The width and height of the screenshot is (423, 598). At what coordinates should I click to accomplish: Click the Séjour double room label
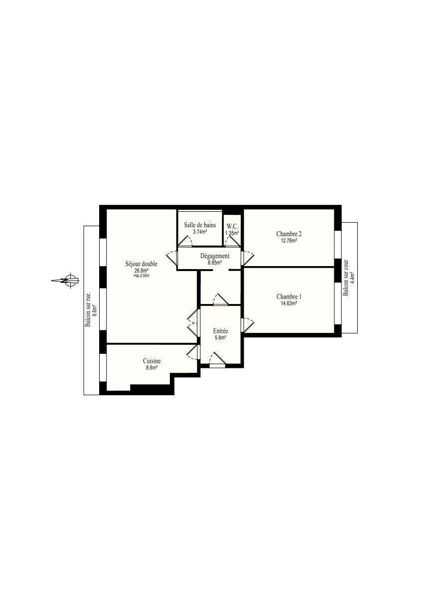pyautogui.click(x=141, y=264)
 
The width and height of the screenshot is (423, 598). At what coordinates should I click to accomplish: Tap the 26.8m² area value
pyautogui.click(x=141, y=270)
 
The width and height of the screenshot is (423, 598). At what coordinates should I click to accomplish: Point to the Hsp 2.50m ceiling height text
pyautogui.click(x=141, y=276)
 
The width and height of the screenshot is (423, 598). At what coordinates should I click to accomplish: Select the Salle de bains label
pyautogui.click(x=200, y=225)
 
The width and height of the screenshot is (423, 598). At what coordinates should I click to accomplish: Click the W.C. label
pyautogui.click(x=232, y=227)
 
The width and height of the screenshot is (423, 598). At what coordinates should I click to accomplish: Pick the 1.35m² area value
pyautogui.click(x=232, y=233)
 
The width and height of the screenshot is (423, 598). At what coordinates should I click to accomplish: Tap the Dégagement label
pyautogui.click(x=215, y=256)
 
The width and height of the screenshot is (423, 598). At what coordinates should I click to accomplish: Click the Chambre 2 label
pyautogui.click(x=289, y=234)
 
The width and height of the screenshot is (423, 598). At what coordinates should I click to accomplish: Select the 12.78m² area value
pyautogui.click(x=289, y=241)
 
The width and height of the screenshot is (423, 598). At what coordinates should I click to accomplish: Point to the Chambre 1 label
pyautogui.click(x=289, y=297)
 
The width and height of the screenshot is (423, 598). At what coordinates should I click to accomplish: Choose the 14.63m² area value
pyautogui.click(x=289, y=303)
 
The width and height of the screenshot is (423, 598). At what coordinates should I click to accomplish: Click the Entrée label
pyautogui.click(x=220, y=331)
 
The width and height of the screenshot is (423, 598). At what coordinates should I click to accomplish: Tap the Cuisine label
pyautogui.click(x=152, y=361)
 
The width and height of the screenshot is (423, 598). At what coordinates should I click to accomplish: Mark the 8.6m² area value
pyautogui.click(x=152, y=368)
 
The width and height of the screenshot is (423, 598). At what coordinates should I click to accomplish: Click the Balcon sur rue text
pyautogui.click(x=88, y=310)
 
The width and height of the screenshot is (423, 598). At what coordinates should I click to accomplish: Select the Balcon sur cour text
pyautogui.click(x=346, y=278)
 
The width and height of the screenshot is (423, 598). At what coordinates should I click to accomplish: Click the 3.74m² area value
pyautogui.click(x=200, y=232)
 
